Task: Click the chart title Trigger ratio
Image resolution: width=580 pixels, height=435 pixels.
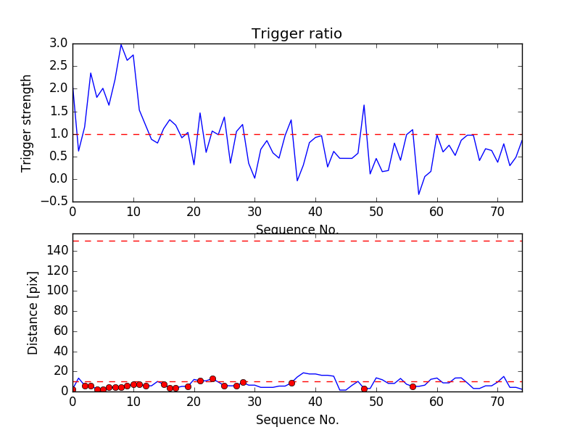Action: (x=297, y=34)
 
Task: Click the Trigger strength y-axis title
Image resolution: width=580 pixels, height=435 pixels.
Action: (x=27, y=123)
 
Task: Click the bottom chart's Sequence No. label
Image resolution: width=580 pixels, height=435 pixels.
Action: (x=297, y=420)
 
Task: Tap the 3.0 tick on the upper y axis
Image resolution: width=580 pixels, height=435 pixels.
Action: (x=59, y=43)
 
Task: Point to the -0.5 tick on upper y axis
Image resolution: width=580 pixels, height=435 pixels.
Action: (x=56, y=202)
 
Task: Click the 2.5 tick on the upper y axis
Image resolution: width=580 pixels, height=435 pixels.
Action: (x=59, y=66)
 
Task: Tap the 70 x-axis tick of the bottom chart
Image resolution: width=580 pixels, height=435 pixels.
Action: (x=497, y=402)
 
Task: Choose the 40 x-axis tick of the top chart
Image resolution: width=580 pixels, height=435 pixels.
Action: (x=315, y=212)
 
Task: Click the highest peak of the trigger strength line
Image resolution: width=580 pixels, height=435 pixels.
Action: (x=121, y=44)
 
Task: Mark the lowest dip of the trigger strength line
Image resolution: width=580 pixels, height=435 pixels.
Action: (x=418, y=194)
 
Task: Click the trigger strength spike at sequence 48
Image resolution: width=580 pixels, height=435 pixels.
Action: (x=364, y=104)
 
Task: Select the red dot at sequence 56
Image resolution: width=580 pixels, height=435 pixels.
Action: (x=413, y=386)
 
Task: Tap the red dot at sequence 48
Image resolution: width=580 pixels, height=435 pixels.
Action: (x=364, y=389)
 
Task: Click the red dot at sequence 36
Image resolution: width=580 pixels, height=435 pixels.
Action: (x=291, y=383)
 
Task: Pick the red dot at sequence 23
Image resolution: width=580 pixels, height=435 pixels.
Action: (x=212, y=378)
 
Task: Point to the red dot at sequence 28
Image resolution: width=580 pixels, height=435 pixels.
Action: (x=243, y=382)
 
